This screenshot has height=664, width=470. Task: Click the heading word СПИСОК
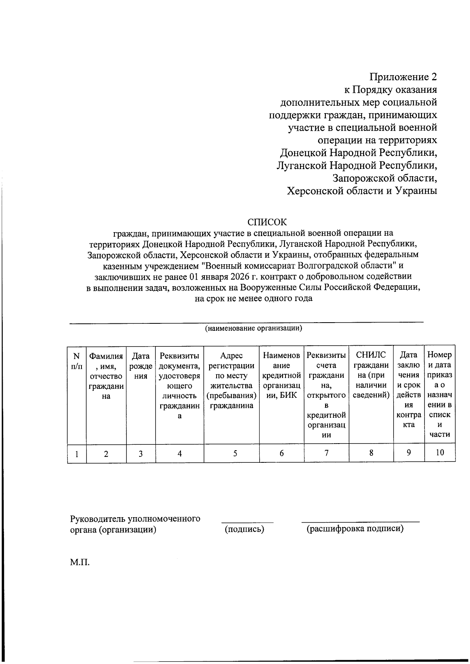click(x=267, y=222)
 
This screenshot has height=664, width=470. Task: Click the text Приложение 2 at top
click(x=403, y=76)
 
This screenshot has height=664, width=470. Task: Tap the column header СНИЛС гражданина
click(x=371, y=375)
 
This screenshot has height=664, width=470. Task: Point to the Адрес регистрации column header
click(x=231, y=380)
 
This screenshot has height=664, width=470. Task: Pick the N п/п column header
click(x=77, y=361)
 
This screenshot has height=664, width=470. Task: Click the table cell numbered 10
click(x=440, y=453)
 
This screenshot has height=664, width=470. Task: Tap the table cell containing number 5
click(x=235, y=453)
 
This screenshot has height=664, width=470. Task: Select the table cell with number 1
click(x=77, y=453)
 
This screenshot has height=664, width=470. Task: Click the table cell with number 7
click(x=326, y=453)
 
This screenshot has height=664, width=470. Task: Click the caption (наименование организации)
click(x=253, y=328)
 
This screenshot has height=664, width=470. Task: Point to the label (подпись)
click(x=244, y=529)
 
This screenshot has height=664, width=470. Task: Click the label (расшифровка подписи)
click(x=355, y=529)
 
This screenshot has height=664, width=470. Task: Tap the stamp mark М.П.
click(x=80, y=563)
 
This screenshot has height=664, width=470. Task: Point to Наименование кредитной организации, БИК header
click(x=282, y=375)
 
